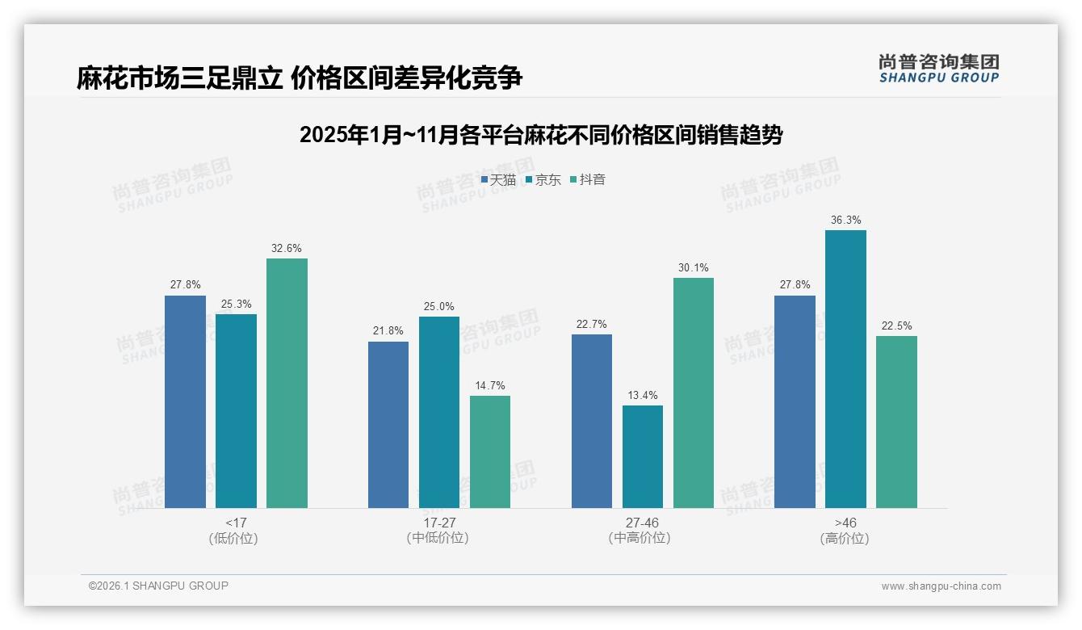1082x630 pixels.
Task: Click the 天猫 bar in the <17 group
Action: (x=185, y=401)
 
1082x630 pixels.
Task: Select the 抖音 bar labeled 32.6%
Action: (x=287, y=383)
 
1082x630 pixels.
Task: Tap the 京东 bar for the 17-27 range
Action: (x=438, y=412)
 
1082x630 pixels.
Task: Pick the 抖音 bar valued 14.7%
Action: (x=490, y=451)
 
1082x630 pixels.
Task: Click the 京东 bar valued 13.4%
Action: (x=643, y=456)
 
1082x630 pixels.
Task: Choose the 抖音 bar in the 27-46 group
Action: (x=694, y=393)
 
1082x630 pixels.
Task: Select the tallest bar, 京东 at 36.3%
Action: (x=845, y=369)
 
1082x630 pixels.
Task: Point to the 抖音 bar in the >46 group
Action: (x=896, y=422)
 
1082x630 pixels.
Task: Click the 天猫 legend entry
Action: (x=498, y=179)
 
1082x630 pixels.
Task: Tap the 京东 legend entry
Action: (x=543, y=179)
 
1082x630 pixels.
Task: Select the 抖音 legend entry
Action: (x=588, y=179)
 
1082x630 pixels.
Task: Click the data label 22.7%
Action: (x=592, y=324)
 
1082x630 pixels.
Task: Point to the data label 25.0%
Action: (x=438, y=306)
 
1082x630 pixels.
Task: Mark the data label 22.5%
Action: (x=896, y=325)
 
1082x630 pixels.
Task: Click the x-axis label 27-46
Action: (x=642, y=523)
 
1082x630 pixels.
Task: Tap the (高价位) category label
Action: (x=845, y=539)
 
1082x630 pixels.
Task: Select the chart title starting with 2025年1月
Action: (x=541, y=135)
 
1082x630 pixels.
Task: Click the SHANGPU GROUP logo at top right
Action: (x=938, y=68)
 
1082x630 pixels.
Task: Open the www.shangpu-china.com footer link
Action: (x=941, y=586)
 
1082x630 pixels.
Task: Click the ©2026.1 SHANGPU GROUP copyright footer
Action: (x=158, y=586)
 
